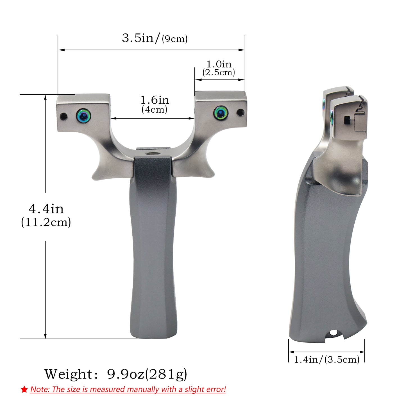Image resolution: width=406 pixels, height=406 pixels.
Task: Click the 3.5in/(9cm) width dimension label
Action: pos(155,38)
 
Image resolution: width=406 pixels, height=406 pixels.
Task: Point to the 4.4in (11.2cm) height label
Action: pos(46,215)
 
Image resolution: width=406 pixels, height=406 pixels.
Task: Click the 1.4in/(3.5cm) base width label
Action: pos(326,359)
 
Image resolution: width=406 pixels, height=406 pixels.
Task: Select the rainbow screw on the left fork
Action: pos(84,115)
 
